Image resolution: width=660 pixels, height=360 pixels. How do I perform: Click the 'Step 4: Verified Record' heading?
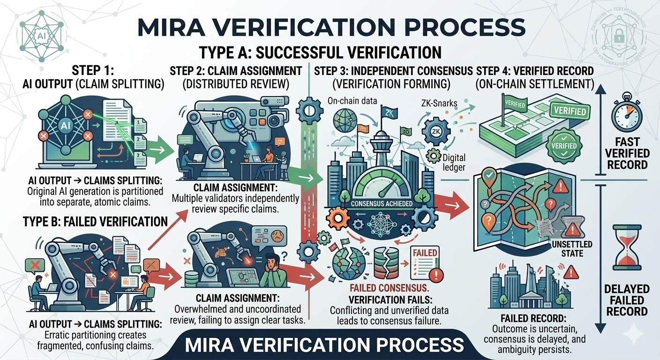point(535,71)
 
